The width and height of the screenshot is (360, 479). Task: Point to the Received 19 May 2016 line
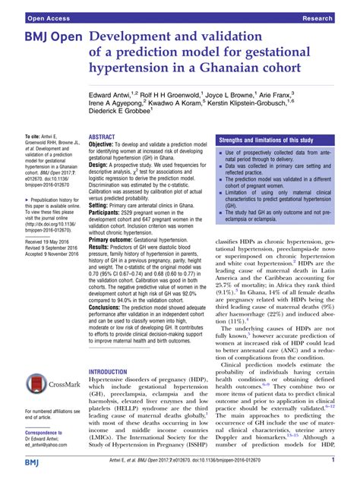[47, 221]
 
